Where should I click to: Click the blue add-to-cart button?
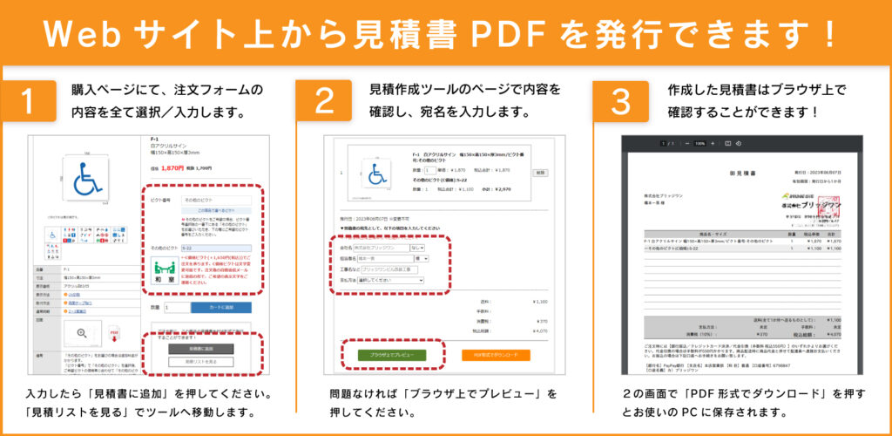[x=220, y=307]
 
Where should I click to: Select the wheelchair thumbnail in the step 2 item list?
[x=378, y=173]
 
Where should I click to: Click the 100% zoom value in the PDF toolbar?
[x=700, y=142]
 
